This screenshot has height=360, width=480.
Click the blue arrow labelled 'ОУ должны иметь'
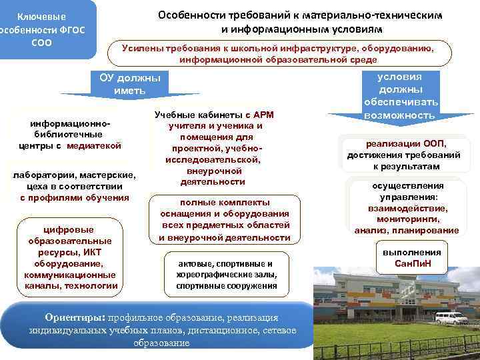130,84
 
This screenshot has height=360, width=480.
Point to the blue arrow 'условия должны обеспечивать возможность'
399,97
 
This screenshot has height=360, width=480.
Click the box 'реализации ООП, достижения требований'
403,154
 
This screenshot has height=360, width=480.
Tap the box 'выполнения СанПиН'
411,258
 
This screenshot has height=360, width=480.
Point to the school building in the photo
400,300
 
